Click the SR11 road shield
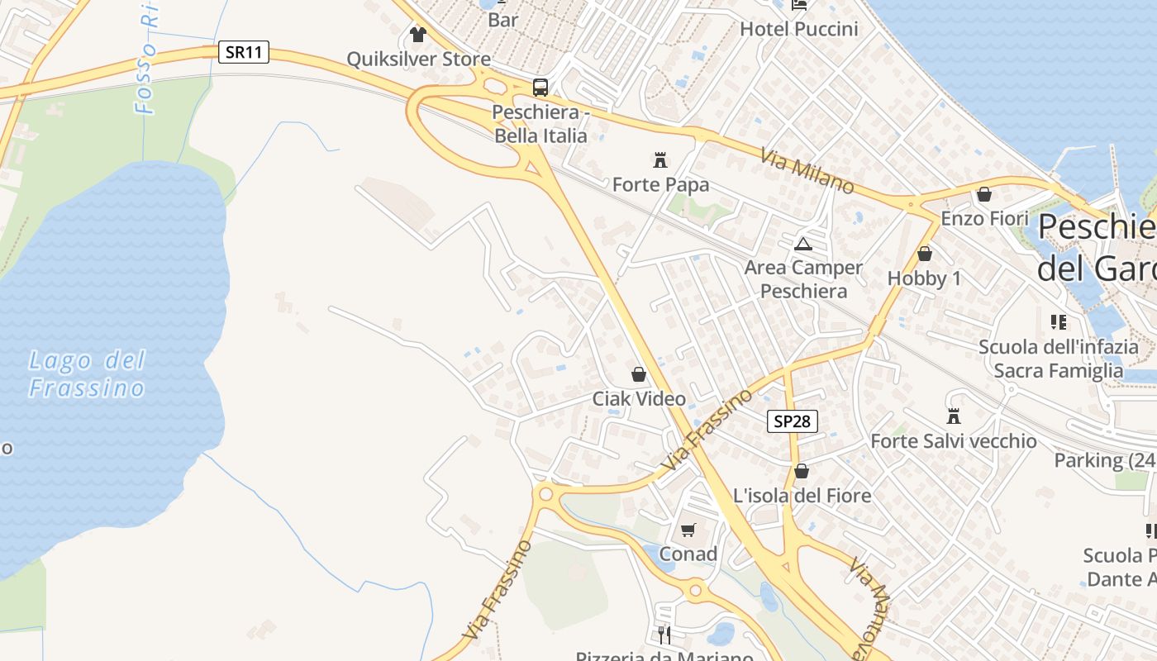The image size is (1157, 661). pos(245,52)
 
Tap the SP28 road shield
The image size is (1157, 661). pos(792,421)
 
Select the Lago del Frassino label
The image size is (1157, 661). pos(87,373)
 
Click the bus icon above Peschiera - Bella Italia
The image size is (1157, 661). pos(540,87)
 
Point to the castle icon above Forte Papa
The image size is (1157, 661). pos(660,159)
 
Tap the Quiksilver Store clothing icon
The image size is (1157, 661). pos(417,35)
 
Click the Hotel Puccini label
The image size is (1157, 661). pos(798,29)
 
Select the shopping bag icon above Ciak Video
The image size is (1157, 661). pos(639,374)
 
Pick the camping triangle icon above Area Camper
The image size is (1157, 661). pos(802,244)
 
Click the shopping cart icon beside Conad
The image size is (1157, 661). pos(688,530)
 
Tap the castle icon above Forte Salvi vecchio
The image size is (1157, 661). pos(954,416)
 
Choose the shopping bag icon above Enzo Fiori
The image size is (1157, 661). pos(984,194)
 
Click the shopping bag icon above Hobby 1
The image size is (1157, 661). pos(924,254)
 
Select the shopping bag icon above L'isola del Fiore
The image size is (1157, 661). pos(801,471)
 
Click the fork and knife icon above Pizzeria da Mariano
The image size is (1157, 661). pos(664,635)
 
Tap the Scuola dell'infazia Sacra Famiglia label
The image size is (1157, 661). pos(1058,359)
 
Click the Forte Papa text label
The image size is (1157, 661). pos(660,185)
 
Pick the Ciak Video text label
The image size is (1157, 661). pos(639,399)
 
